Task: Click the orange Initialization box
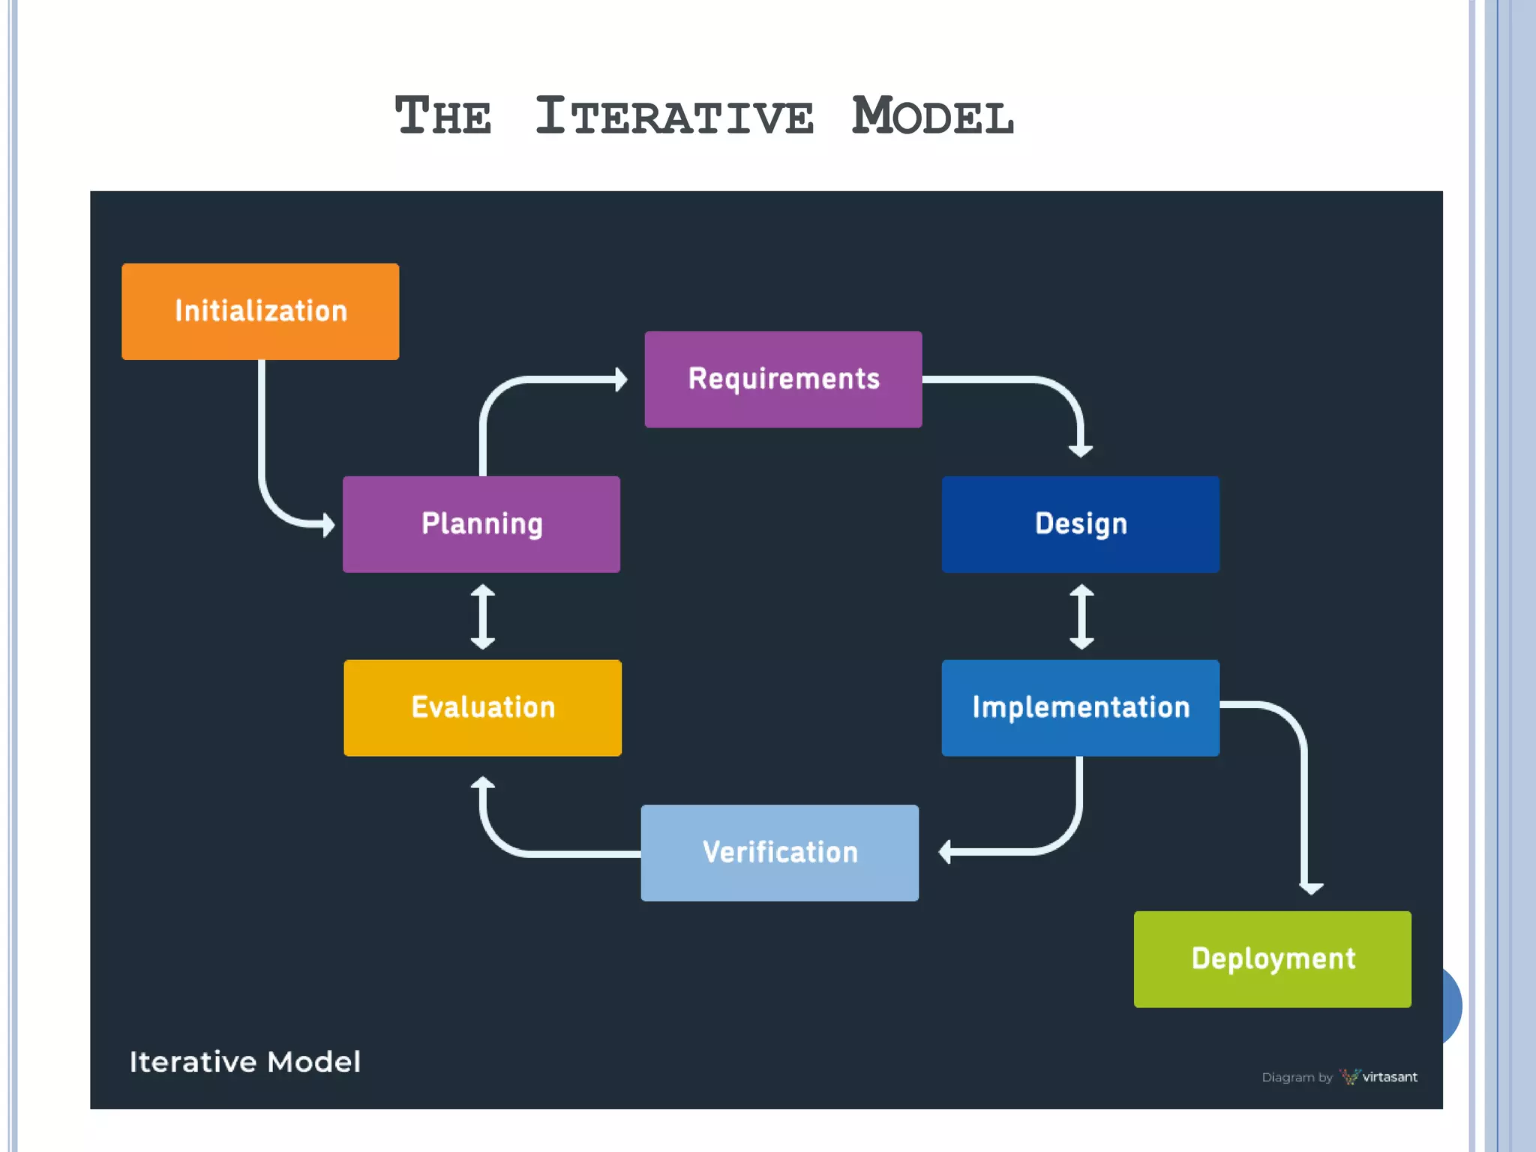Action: pyautogui.click(x=260, y=311)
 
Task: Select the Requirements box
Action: pyautogui.click(x=783, y=379)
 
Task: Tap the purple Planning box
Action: pyautogui.click(x=481, y=524)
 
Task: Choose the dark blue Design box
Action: pyautogui.click(x=1080, y=524)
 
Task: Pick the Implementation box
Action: pyautogui.click(x=1080, y=708)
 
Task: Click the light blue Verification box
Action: pyautogui.click(x=779, y=853)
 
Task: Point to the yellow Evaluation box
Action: pyautogui.click(x=482, y=708)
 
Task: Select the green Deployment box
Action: pyautogui.click(x=1272, y=959)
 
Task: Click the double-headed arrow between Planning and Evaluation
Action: pyautogui.click(x=482, y=616)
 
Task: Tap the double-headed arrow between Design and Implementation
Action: pyautogui.click(x=1081, y=616)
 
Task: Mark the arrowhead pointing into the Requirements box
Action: pyautogui.click(x=620, y=379)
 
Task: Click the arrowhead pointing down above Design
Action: pyautogui.click(x=1081, y=449)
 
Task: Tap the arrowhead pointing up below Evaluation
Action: pyautogui.click(x=482, y=784)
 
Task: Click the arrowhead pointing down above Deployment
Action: pyautogui.click(x=1311, y=888)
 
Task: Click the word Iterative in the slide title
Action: pyautogui.click(x=673, y=117)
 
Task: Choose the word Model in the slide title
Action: pyautogui.click(x=933, y=117)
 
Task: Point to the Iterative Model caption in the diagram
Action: pyautogui.click(x=244, y=1062)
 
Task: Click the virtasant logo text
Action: pyautogui.click(x=1389, y=1077)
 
